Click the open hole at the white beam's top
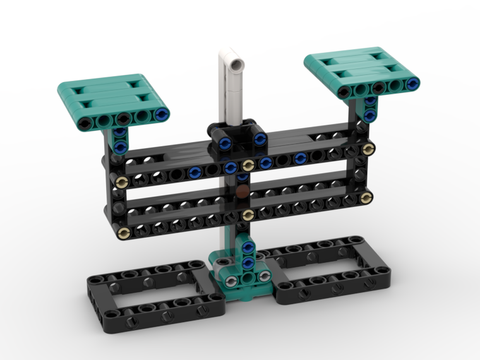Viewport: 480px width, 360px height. pyautogui.click(x=236, y=62)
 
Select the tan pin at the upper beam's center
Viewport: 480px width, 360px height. pyautogui.click(x=248, y=166)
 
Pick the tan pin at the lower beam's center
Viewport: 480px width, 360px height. pyautogui.click(x=248, y=214)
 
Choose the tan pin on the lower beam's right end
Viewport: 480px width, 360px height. pyautogui.click(x=367, y=197)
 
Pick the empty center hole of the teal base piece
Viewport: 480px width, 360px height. pyautogui.click(x=248, y=278)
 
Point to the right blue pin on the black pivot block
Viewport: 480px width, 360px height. pyautogui.click(x=260, y=139)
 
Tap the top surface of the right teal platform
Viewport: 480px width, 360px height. pyautogui.click(x=355, y=67)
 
